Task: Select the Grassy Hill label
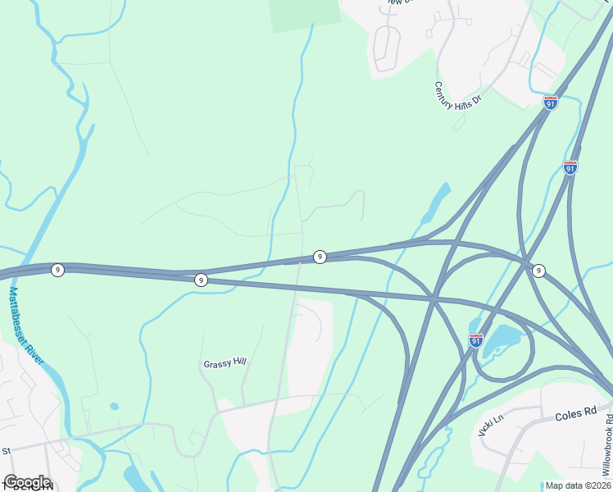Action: click(x=225, y=363)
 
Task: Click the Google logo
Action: click(x=27, y=482)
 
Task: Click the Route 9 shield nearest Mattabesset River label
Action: click(x=57, y=269)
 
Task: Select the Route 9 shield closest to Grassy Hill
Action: click(x=202, y=280)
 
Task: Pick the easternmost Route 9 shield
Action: click(x=538, y=271)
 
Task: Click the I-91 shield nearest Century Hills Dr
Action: click(x=551, y=103)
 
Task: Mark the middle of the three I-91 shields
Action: click(x=570, y=167)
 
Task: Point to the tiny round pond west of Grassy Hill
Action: click(x=113, y=406)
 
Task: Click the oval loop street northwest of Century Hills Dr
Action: click(x=385, y=47)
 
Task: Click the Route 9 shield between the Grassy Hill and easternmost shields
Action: click(x=320, y=257)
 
